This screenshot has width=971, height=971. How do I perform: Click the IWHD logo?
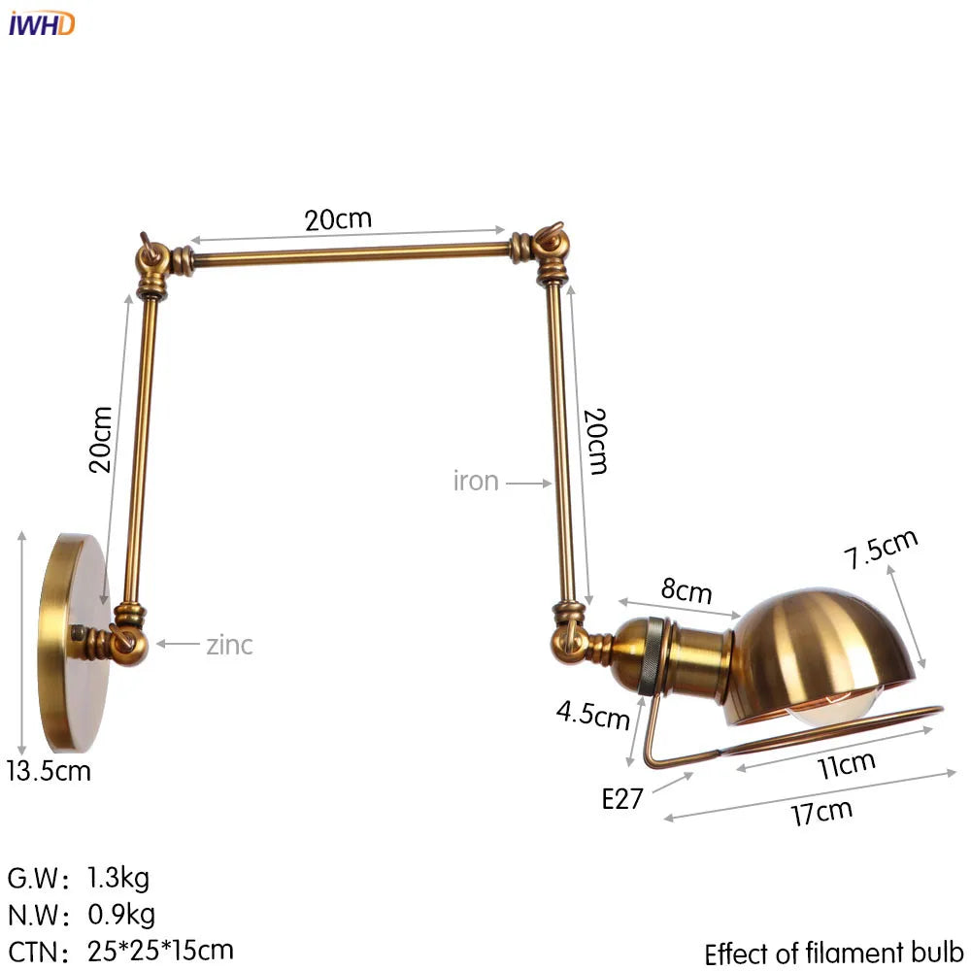pos(42,24)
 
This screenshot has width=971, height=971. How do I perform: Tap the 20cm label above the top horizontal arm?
pos(338,218)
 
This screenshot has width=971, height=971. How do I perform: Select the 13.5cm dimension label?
pos(50,772)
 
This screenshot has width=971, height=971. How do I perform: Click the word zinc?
pos(229,644)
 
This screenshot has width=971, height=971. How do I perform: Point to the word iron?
pos(476,481)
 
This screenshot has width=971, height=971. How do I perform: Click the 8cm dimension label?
pos(686,589)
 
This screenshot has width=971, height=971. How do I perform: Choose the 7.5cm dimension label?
pos(880,550)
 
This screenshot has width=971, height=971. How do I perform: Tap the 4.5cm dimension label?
pos(593,715)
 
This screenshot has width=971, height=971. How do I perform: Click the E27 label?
pos(622,798)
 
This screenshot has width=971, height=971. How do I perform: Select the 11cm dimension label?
pos(846,765)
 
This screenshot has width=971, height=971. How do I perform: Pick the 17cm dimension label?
pos(820,811)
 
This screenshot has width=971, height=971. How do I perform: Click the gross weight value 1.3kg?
pos(117,879)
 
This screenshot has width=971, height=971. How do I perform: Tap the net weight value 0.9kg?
pos(120,914)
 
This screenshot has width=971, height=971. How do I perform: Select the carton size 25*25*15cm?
pos(160,949)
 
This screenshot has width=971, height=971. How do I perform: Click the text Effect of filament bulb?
pos(833,952)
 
